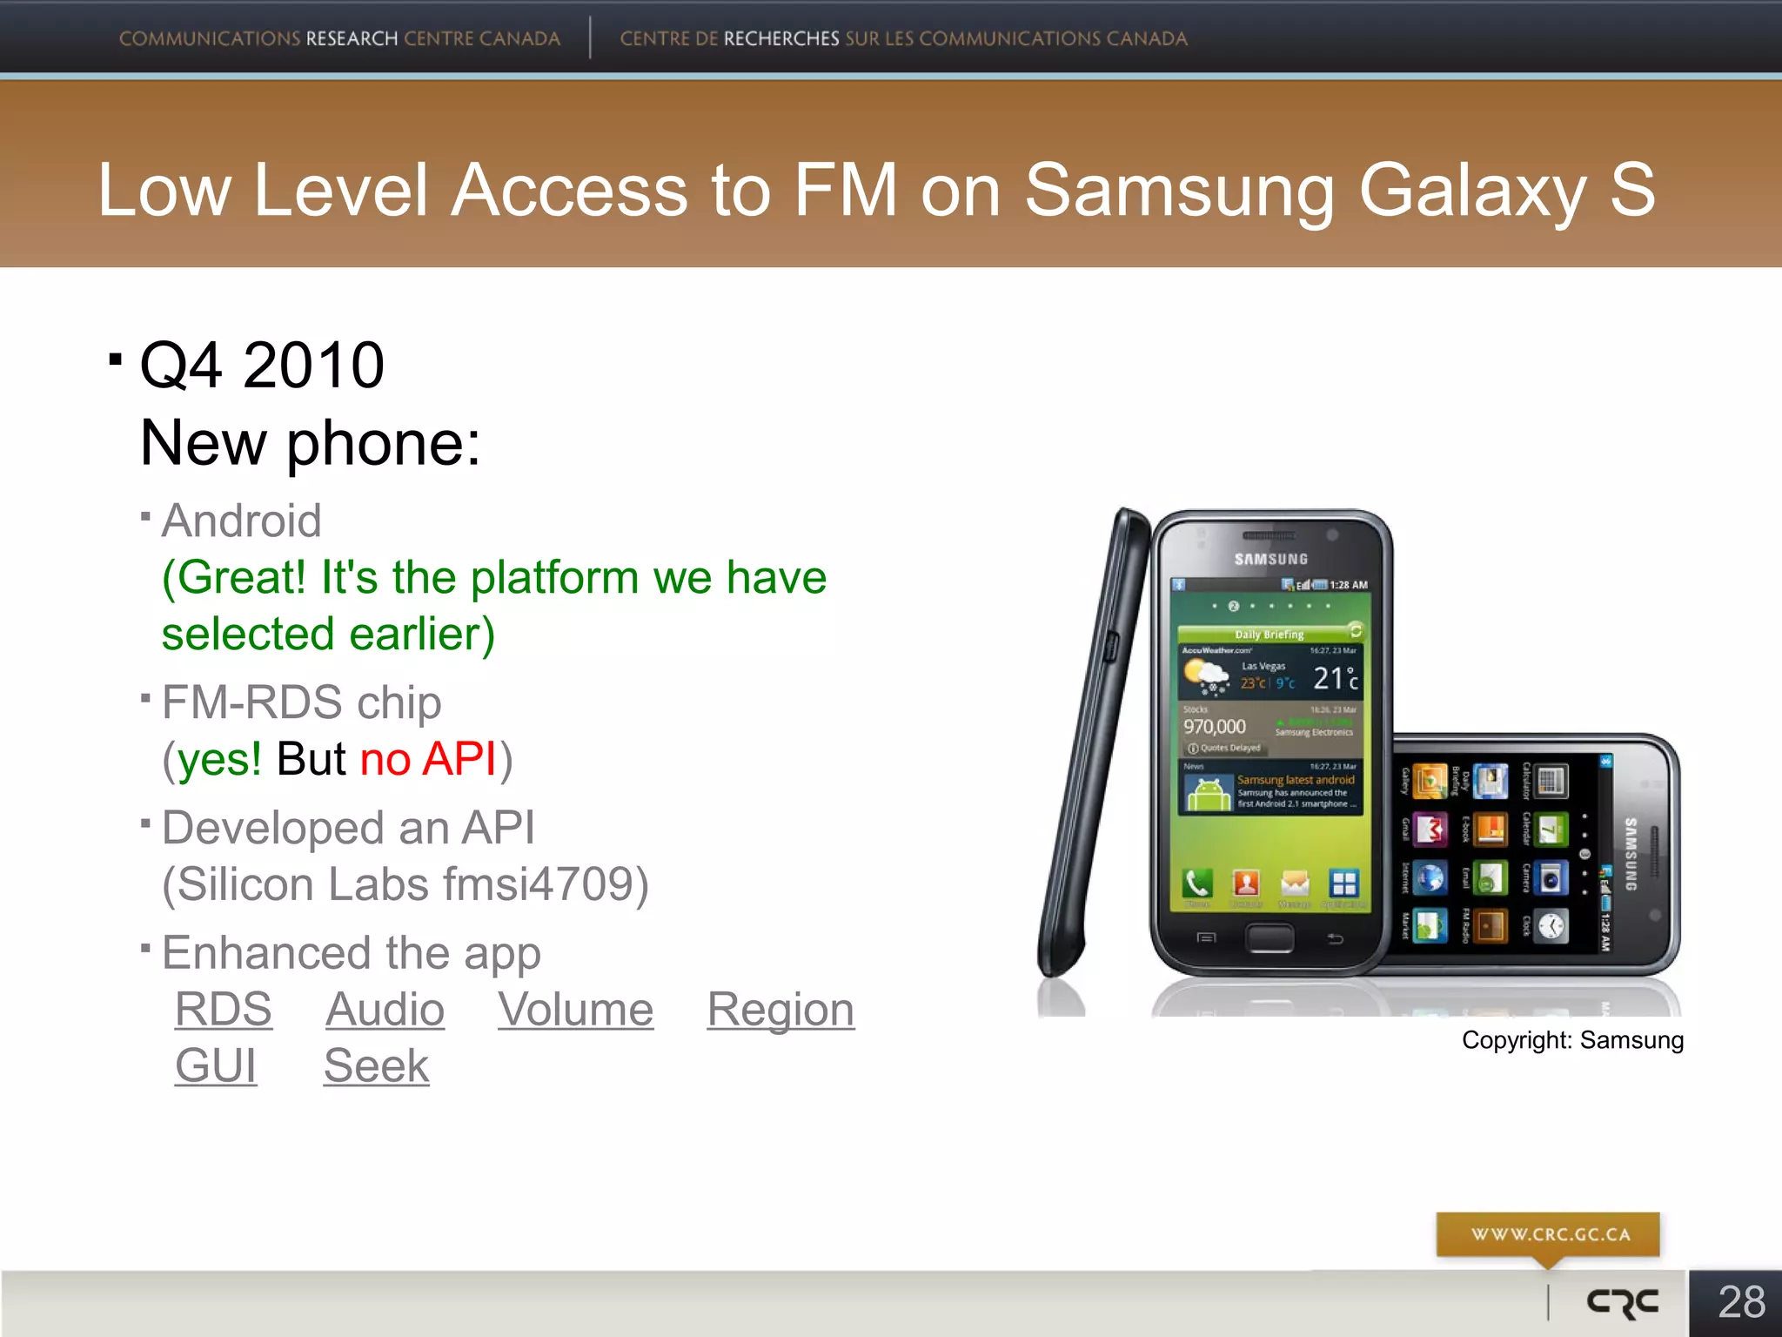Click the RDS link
pyautogui.click(x=224, y=1010)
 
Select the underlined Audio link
pyautogui.click(x=385, y=1010)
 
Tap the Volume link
pyautogui.click(x=575, y=1010)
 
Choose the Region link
pyautogui.click(x=780, y=1010)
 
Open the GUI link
pyautogui.click(x=216, y=1065)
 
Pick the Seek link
pyautogui.click(x=376, y=1065)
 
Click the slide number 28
pyautogui.click(x=1741, y=1302)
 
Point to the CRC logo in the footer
pyautogui.click(x=1623, y=1302)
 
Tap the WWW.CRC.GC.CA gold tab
pyautogui.click(x=1549, y=1234)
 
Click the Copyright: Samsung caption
pyautogui.click(x=1572, y=1040)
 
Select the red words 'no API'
pyautogui.click(x=428, y=759)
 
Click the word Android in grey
pyautogui.click(x=242, y=521)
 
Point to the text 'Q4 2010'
pyautogui.click(x=262, y=365)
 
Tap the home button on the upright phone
pyautogui.click(x=1270, y=937)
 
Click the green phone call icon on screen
pyautogui.click(x=1198, y=883)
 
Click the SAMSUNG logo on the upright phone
pyautogui.click(x=1270, y=559)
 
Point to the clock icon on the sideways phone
pyautogui.click(x=1551, y=925)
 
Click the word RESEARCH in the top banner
pyautogui.click(x=352, y=39)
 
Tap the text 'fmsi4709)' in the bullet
pyautogui.click(x=546, y=884)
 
